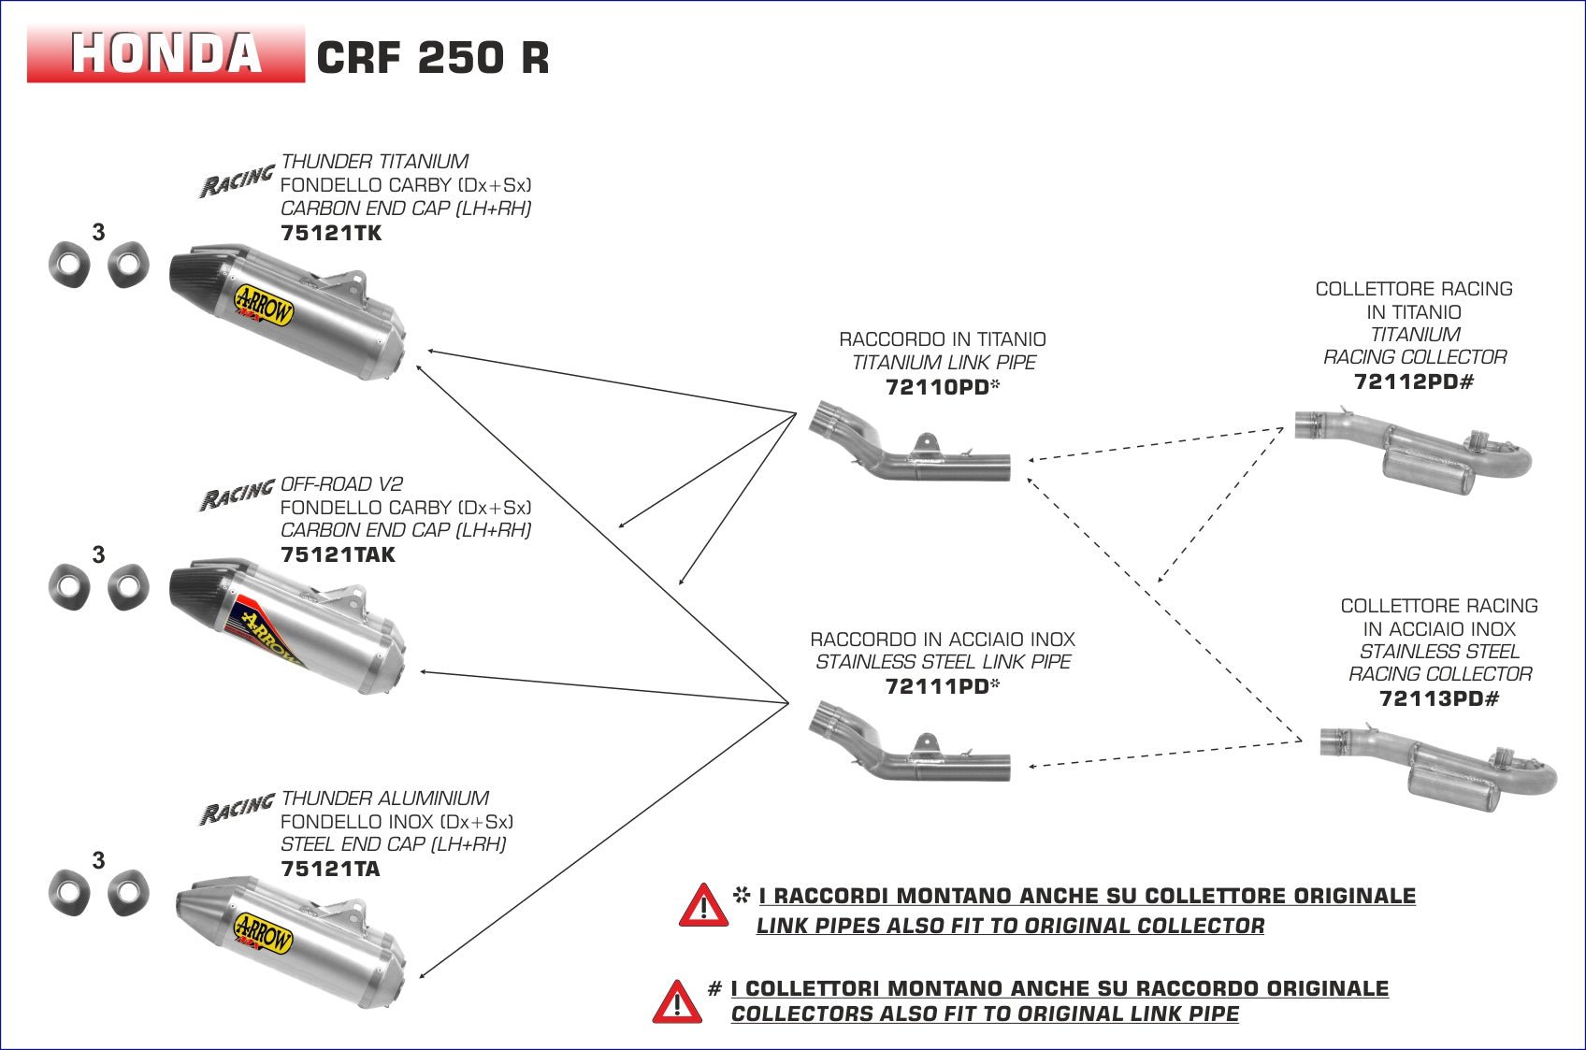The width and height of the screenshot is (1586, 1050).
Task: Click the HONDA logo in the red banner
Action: pyautogui.click(x=166, y=53)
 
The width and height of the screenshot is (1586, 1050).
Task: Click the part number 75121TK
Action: pyautogui.click(x=331, y=233)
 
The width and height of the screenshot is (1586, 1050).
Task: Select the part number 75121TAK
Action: pyautogui.click(x=338, y=554)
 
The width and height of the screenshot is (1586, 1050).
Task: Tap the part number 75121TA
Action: pyautogui.click(x=330, y=869)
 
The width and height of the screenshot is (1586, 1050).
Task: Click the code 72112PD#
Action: pyautogui.click(x=1413, y=381)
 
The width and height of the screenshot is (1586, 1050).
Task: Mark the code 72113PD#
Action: pyautogui.click(x=1438, y=698)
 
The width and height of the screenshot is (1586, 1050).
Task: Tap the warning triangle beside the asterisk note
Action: pyautogui.click(x=703, y=906)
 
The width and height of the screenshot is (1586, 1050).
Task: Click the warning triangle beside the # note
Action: pyautogui.click(x=677, y=1001)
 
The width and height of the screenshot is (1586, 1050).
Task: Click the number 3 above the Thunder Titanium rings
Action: pyautogui.click(x=99, y=232)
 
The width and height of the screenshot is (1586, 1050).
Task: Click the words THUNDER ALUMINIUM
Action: pyautogui.click(x=384, y=798)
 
